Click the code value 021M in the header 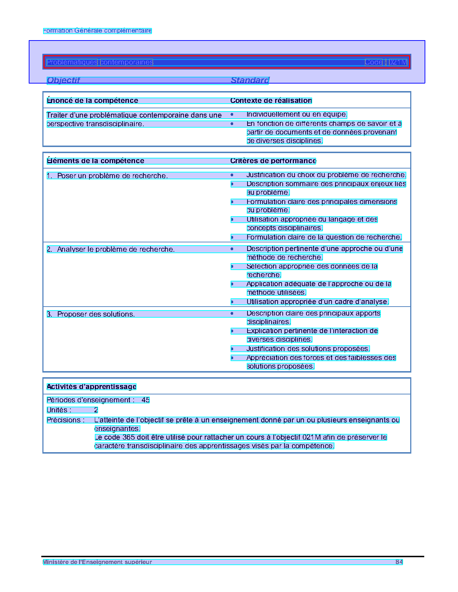(x=398, y=62)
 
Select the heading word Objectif (x=63, y=80)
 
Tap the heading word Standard (x=250, y=80)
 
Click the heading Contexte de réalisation (x=271, y=101)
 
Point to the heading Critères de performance (x=273, y=161)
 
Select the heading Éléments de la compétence (x=96, y=161)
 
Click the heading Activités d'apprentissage (x=92, y=387)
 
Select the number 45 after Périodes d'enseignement (x=145, y=400)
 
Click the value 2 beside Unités (x=96, y=410)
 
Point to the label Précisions (x=66, y=420)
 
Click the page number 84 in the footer (x=399, y=562)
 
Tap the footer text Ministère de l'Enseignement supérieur (x=97, y=562)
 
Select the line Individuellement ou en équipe (x=297, y=115)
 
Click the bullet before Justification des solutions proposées (x=232, y=349)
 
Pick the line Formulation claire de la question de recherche (x=324, y=237)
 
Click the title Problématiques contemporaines (x=100, y=62)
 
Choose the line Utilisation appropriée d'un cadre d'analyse (x=318, y=302)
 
